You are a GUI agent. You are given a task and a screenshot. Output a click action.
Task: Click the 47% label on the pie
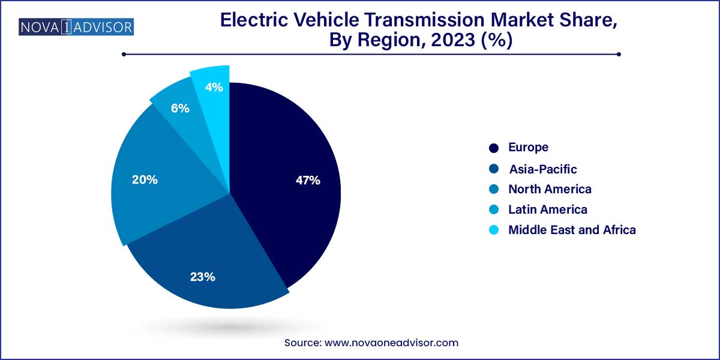(x=308, y=180)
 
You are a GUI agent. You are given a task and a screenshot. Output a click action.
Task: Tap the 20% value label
(x=145, y=179)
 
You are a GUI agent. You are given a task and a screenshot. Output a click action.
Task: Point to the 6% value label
(x=180, y=109)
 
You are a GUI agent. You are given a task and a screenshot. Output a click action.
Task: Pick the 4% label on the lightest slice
(x=214, y=87)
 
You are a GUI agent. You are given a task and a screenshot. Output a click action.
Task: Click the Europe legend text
(x=528, y=147)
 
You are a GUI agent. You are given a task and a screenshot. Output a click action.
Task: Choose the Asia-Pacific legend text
(x=542, y=169)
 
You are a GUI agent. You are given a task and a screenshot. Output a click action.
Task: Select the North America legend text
(x=550, y=189)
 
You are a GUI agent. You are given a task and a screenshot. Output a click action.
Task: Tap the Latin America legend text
(x=547, y=209)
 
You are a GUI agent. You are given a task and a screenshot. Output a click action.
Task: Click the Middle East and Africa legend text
(x=572, y=230)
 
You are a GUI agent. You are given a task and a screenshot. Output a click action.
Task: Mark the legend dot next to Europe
(x=494, y=148)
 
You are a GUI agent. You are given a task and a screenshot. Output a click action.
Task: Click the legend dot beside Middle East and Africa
(x=494, y=230)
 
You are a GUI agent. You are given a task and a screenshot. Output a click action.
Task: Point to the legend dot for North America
(x=494, y=189)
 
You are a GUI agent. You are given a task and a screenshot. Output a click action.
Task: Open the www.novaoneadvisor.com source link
(x=391, y=343)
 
